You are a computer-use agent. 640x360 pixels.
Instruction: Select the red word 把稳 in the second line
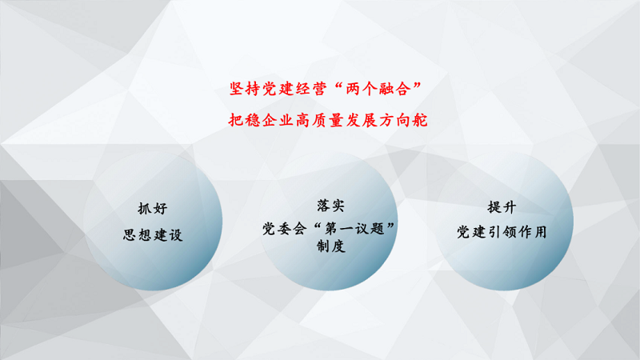click(x=244, y=120)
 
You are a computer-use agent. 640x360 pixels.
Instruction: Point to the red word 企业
click(x=278, y=120)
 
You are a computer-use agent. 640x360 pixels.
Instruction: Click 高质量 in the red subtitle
click(x=319, y=120)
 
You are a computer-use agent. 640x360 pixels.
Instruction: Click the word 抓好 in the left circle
click(x=153, y=209)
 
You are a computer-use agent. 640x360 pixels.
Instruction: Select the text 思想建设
click(x=153, y=234)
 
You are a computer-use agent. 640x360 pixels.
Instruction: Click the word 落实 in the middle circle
click(x=330, y=206)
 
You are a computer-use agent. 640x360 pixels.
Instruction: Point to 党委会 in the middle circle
click(x=284, y=229)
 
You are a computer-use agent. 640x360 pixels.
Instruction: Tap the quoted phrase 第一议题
click(x=354, y=229)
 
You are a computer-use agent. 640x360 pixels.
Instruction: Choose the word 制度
click(x=331, y=246)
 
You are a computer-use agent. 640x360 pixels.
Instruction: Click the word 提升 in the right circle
click(x=502, y=207)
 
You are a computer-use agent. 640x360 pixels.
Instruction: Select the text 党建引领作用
click(x=502, y=232)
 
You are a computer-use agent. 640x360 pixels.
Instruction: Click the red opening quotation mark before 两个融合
click(x=338, y=85)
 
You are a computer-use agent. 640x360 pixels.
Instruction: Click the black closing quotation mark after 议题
click(x=390, y=226)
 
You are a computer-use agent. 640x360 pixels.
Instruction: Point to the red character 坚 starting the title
click(x=237, y=89)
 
